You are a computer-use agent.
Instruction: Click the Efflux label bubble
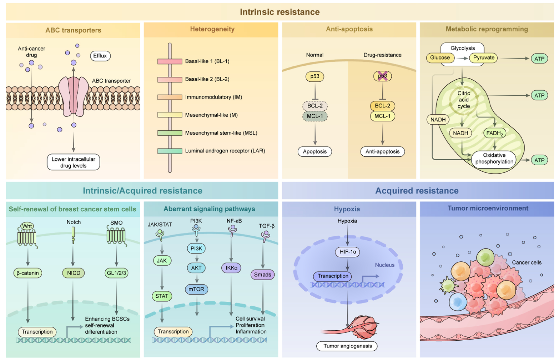[100, 56]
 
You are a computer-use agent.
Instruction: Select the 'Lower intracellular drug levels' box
[73, 162]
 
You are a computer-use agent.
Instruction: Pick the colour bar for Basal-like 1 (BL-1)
[170, 61]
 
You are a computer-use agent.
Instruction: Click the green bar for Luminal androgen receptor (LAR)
[170, 151]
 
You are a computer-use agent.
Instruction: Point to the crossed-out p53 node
[382, 76]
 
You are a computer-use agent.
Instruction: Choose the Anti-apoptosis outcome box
[382, 151]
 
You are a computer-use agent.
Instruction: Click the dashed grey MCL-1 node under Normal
[314, 116]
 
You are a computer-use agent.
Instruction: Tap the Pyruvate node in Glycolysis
[483, 58]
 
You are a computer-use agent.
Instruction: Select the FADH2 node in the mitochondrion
[494, 133]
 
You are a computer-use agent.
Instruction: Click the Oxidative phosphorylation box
[494, 159]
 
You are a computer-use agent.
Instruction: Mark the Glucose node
[440, 58]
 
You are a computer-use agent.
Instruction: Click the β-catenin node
[27, 273]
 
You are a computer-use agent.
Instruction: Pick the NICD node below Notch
[74, 273]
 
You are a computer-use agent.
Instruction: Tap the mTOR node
[196, 289]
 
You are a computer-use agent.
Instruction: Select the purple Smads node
[263, 275]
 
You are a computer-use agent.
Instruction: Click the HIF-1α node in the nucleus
[347, 252]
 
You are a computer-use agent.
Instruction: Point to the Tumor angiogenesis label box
[347, 346]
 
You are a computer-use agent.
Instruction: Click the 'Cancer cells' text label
[526, 262]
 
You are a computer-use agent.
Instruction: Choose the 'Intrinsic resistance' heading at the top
[279, 12]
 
